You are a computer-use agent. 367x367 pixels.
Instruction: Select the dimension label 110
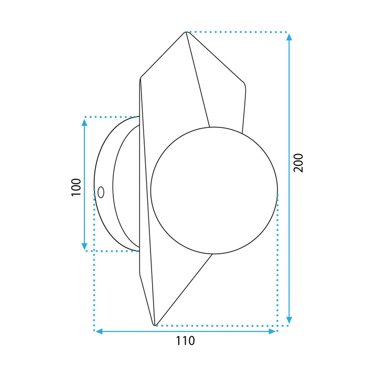pos(185,341)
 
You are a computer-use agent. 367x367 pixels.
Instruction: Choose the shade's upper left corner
pos(141,79)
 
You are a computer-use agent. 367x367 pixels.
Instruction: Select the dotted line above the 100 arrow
pos(110,116)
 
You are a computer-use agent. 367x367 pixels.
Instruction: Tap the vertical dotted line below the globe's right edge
pos(277,262)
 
